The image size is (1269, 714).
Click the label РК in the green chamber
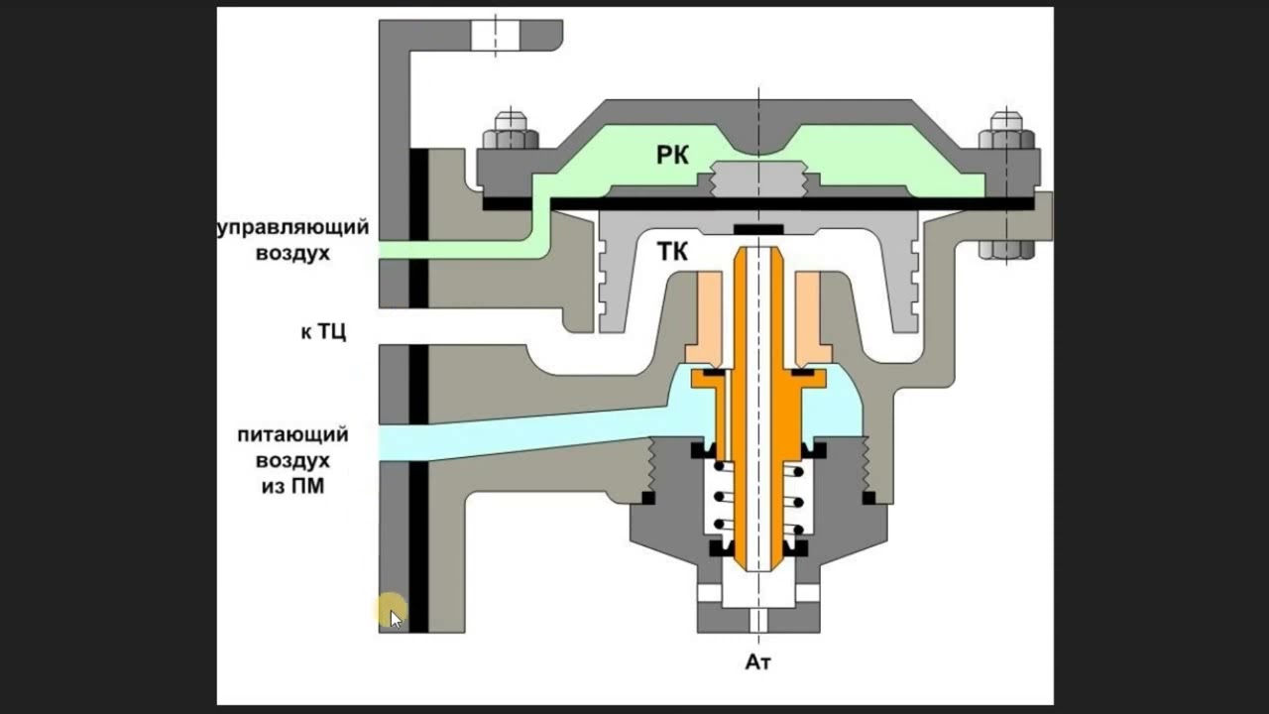(x=672, y=155)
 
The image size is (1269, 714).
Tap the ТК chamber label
(x=672, y=252)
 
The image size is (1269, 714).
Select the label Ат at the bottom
(x=758, y=661)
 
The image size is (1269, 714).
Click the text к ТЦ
(x=323, y=331)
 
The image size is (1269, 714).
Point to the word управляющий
(x=293, y=228)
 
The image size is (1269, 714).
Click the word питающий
(x=292, y=435)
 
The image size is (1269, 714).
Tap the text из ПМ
(x=292, y=486)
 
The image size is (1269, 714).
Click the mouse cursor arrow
(x=396, y=619)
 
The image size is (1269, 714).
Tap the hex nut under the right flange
(x=1006, y=249)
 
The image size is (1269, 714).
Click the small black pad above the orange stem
(x=758, y=229)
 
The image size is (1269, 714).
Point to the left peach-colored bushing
(x=704, y=318)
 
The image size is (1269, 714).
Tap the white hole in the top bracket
(x=495, y=35)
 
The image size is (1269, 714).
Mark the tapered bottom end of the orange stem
(x=758, y=563)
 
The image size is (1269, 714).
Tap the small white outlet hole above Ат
(x=758, y=621)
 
